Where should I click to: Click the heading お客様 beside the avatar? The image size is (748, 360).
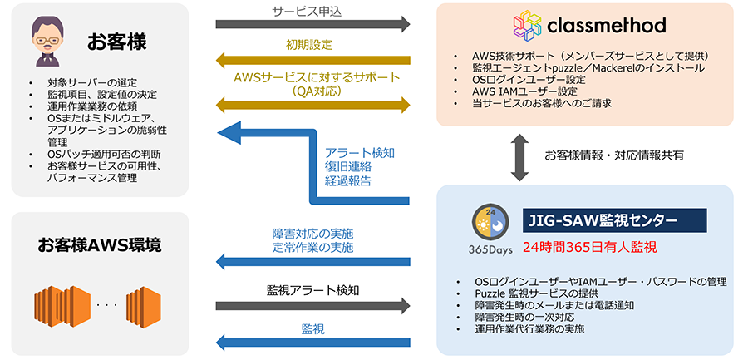point(115,42)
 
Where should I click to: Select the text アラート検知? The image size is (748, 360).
point(361,153)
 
